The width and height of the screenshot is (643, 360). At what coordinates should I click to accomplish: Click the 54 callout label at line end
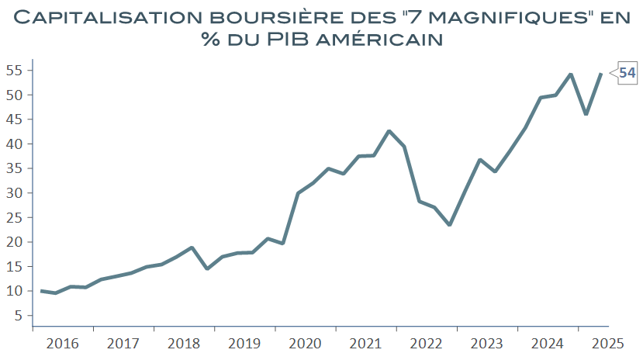[627, 73]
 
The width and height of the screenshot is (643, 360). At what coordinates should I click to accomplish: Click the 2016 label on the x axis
[63, 343]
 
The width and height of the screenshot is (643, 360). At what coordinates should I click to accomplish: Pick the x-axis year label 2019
[245, 343]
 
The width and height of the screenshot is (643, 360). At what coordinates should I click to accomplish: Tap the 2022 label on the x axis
[427, 343]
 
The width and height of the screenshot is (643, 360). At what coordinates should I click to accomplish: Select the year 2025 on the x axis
[609, 343]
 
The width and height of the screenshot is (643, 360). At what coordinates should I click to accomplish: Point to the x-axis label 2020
[306, 343]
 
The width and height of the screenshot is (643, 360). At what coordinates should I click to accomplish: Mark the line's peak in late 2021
[389, 131]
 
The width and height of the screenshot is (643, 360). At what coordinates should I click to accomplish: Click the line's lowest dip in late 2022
[449, 225]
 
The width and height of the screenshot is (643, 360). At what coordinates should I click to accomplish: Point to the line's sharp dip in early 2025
[586, 114]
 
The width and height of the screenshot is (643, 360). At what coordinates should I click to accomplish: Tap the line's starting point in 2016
[41, 291]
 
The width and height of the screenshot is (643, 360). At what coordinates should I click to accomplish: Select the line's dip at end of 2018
[206, 268]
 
